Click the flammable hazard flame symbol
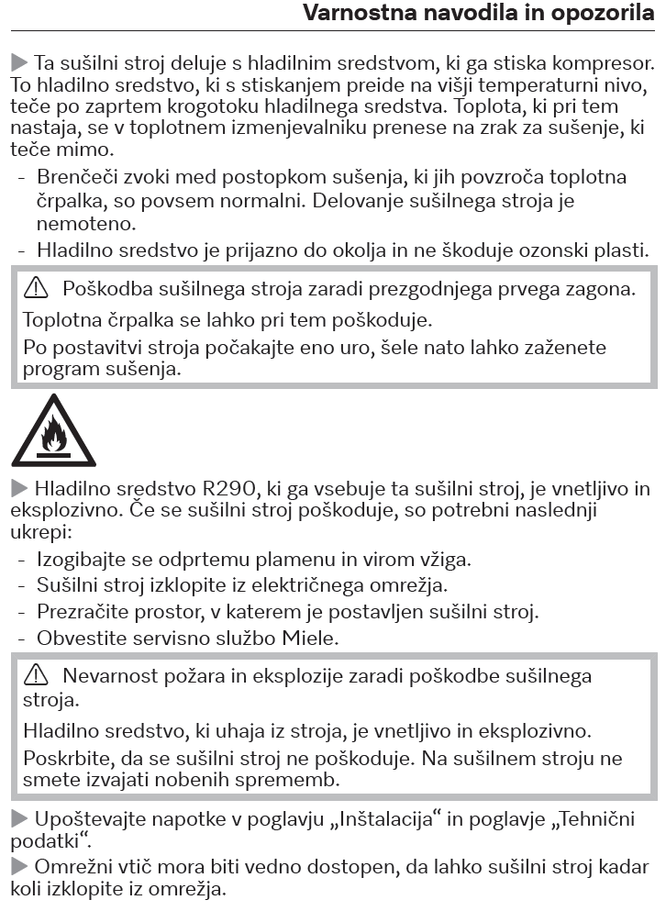53,431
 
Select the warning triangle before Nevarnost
37,676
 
